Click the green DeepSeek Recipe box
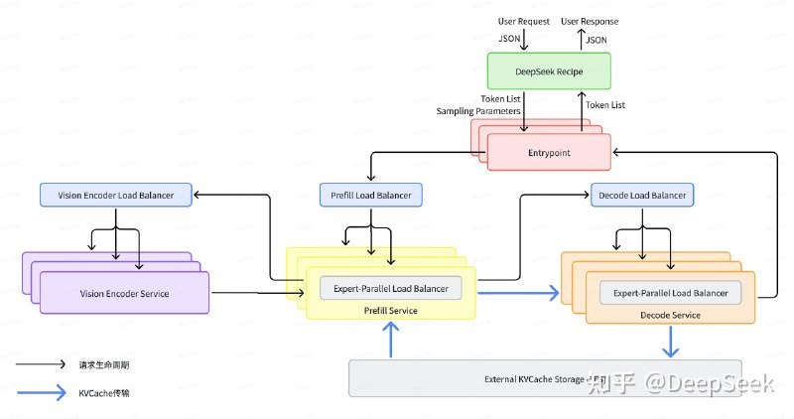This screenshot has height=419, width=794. (x=549, y=71)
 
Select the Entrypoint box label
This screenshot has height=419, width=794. (x=549, y=153)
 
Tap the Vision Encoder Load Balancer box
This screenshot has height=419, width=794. (x=116, y=195)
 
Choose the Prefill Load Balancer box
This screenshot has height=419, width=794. (x=370, y=195)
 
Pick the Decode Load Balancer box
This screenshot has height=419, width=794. (x=642, y=195)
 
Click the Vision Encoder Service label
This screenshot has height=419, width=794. (x=125, y=293)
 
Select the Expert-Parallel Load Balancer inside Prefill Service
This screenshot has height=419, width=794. (x=391, y=288)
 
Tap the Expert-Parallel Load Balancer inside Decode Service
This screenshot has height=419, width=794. (x=671, y=293)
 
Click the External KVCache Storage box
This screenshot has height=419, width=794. (x=545, y=378)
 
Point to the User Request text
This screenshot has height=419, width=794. (x=524, y=21)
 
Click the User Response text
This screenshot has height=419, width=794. (x=590, y=21)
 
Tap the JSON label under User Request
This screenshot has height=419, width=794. (x=509, y=39)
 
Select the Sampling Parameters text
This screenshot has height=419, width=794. (x=478, y=111)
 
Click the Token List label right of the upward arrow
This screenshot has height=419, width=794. (x=605, y=105)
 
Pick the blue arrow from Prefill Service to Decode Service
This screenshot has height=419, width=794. (x=518, y=292)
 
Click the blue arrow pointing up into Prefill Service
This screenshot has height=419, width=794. (x=390, y=340)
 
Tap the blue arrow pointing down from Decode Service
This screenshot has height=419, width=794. (x=671, y=342)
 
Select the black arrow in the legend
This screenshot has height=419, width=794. (x=41, y=364)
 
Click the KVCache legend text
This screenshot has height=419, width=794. (x=104, y=393)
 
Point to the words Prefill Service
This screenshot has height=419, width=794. (x=390, y=311)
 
